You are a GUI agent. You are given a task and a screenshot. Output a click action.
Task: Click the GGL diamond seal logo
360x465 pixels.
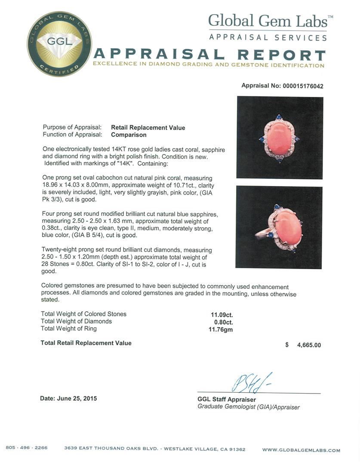pyautogui.click(x=59, y=44)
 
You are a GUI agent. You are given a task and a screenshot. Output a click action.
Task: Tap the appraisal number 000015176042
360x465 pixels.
pyautogui.click(x=302, y=86)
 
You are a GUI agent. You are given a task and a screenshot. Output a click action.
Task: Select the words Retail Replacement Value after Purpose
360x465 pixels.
pyautogui.click(x=148, y=127)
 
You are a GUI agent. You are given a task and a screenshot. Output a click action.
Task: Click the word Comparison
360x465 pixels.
pyautogui.click(x=129, y=135)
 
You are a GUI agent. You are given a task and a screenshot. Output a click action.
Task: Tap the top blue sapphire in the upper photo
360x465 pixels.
pyautogui.click(x=279, y=117)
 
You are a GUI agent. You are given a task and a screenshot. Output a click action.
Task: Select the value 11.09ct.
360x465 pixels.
pyautogui.click(x=223, y=314)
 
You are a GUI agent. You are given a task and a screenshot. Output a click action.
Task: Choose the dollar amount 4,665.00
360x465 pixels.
pyautogui.click(x=308, y=345)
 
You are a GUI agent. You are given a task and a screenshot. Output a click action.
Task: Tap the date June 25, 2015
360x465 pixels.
pyautogui.click(x=68, y=399)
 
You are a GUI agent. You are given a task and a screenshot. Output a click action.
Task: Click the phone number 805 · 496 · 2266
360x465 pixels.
pyautogui.click(x=27, y=448)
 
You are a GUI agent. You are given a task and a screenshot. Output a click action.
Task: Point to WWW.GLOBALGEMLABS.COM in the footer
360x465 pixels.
pyautogui.click(x=301, y=450)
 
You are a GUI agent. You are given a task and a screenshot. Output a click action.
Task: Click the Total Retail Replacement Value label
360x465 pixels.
pyautogui.click(x=86, y=343)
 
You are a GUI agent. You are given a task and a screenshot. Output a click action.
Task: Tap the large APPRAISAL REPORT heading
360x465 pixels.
pyautogui.click(x=209, y=55)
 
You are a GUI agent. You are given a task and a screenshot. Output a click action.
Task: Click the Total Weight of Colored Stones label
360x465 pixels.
pyautogui.click(x=83, y=314)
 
